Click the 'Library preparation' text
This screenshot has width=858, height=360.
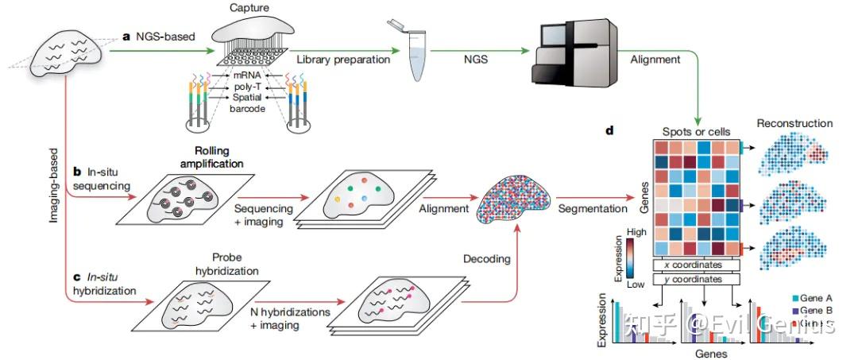click(343, 59)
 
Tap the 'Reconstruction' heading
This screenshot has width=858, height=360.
click(794, 123)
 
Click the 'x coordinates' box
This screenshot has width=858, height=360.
click(697, 264)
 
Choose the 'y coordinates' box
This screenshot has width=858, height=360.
click(697, 279)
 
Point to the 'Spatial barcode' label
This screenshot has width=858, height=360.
click(249, 103)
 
